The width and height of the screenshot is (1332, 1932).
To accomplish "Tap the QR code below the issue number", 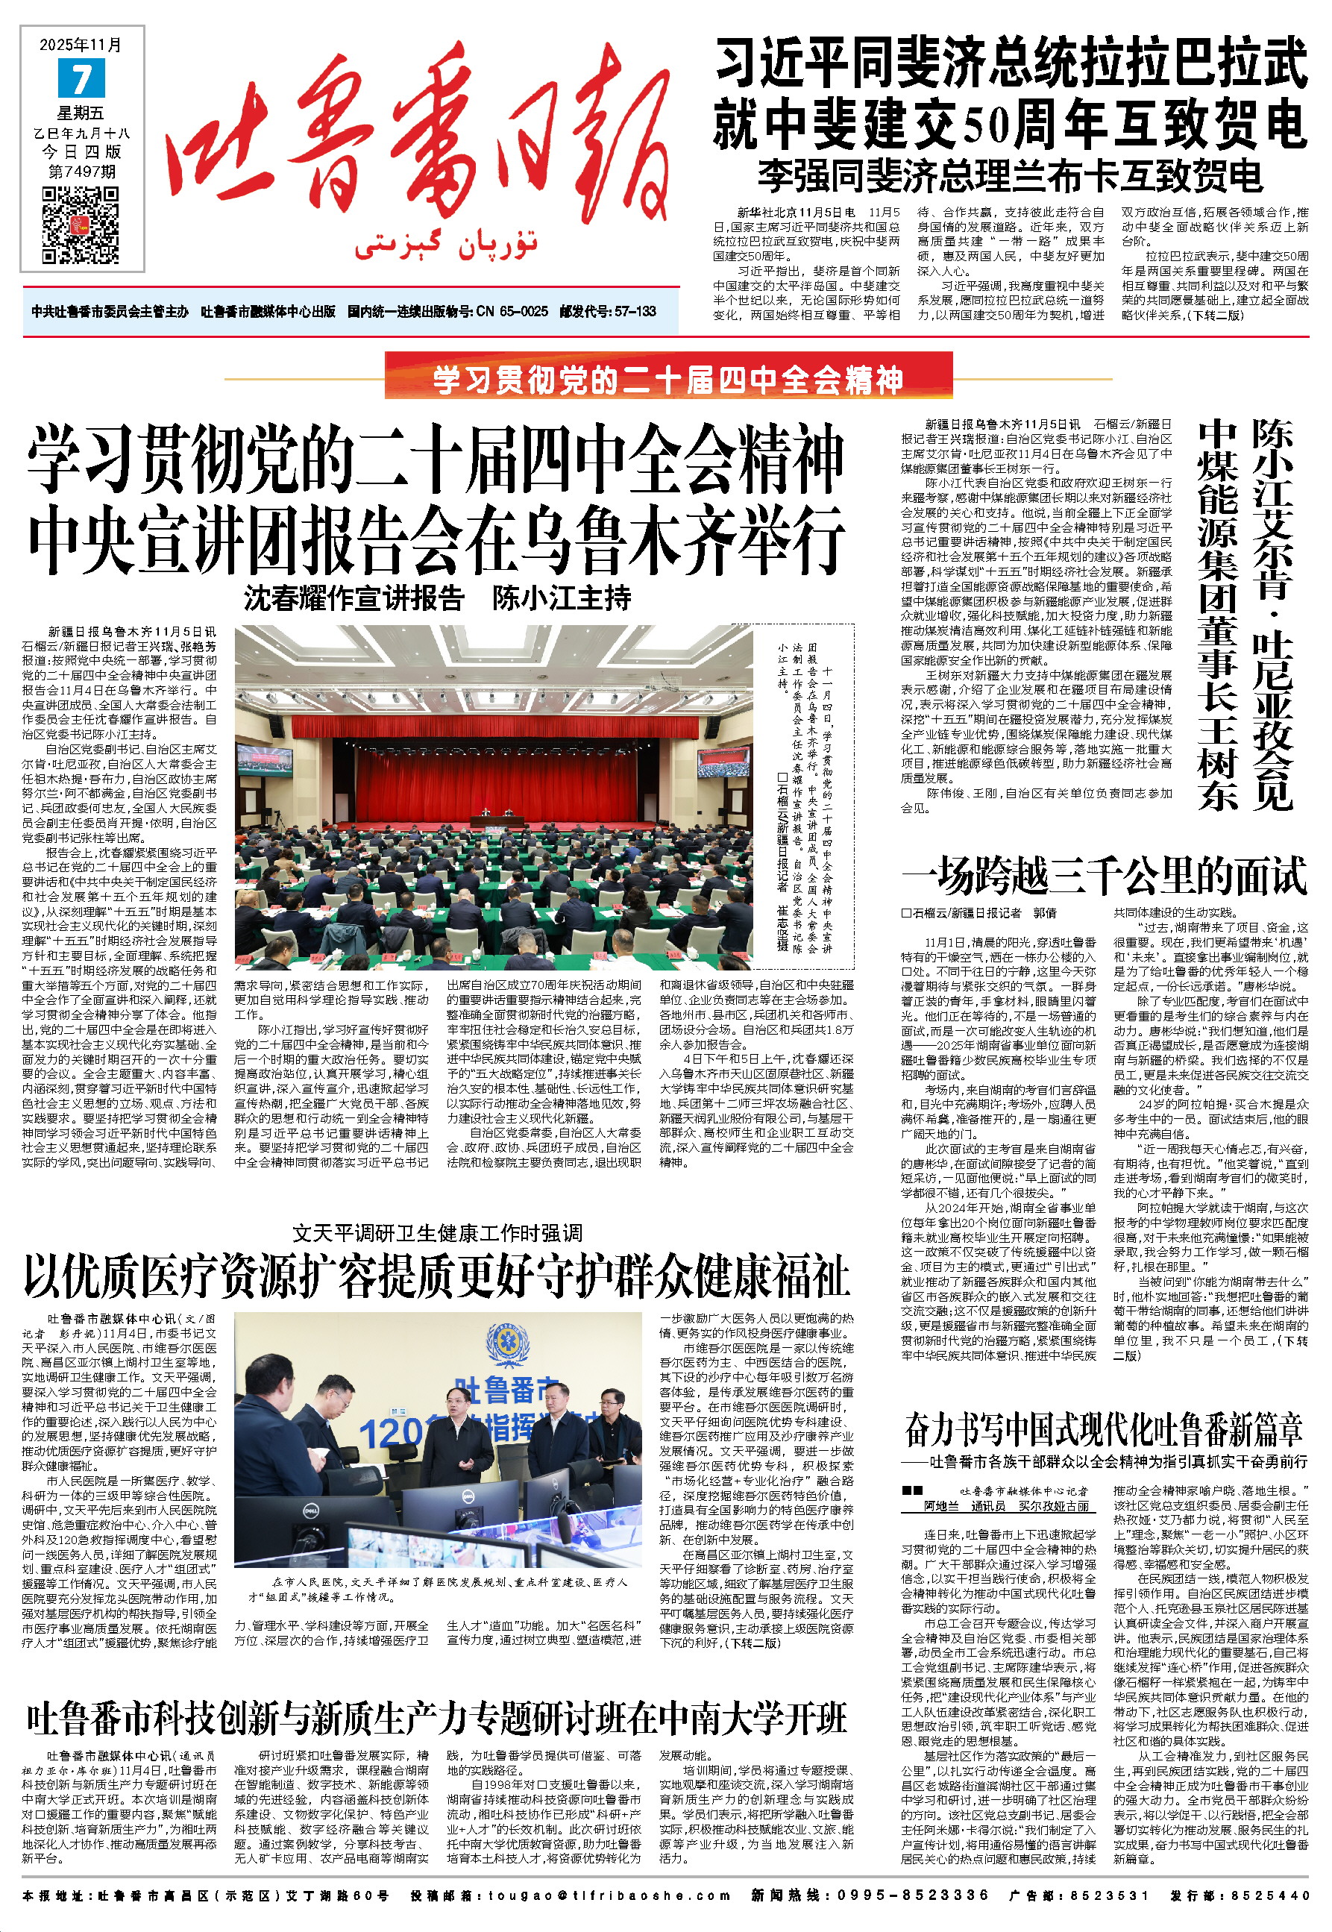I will [x=81, y=224].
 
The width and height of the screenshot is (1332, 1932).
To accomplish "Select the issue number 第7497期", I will [x=82, y=171].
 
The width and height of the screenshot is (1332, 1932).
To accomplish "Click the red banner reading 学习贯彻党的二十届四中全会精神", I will [x=667, y=380].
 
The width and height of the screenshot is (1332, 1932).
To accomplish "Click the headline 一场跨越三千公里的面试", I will [x=1103, y=877].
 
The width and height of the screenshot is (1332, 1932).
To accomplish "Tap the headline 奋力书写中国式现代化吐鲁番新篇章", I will [x=1103, y=1429].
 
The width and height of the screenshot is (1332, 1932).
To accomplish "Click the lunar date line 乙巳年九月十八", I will [x=82, y=134].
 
